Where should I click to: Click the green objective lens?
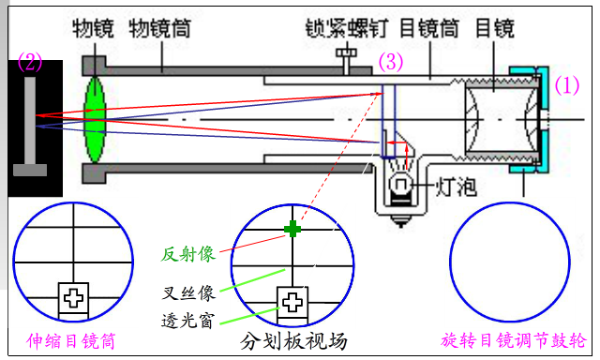(x=94, y=120)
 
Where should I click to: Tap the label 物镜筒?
(x=161, y=29)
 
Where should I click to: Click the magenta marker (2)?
(x=30, y=63)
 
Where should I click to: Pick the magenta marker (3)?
(x=391, y=63)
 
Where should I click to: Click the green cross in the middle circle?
(x=292, y=228)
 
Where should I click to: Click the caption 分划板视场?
(x=293, y=341)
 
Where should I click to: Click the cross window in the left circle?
(x=73, y=298)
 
